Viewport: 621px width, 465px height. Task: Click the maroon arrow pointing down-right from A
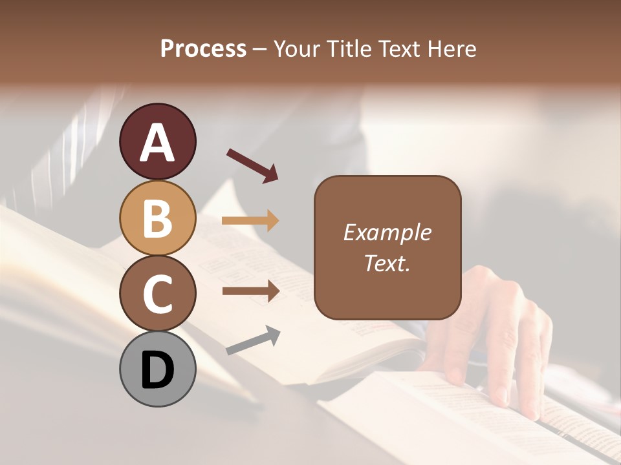click(252, 165)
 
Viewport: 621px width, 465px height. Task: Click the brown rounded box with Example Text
click(387, 247)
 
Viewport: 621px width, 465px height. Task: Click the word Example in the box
click(387, 232)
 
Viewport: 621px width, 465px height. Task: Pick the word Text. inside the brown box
click(387, 263)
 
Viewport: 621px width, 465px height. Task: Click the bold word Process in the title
click(203, 48)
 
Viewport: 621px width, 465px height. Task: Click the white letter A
click(157, 143)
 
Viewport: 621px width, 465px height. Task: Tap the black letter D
click(157, 371)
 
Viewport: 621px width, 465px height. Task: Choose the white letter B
click(157, 219)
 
